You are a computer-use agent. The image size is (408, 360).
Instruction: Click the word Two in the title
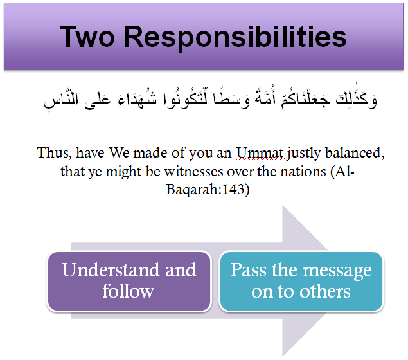coord(87,37)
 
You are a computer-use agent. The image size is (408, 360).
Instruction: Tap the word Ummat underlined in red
coord(260,152)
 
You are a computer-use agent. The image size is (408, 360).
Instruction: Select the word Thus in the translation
coord(54,152)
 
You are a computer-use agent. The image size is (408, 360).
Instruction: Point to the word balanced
coord(355,152)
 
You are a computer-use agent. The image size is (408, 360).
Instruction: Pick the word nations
coord(303,171)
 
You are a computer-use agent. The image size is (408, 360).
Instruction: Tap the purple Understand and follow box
coord(129,281)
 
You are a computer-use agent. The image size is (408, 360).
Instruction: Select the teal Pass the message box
coord(301,281)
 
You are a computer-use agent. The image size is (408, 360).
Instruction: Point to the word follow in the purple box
coord(128,291)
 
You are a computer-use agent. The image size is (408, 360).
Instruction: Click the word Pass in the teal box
coord(248,270)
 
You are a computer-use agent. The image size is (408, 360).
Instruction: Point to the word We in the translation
coord(119,152)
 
